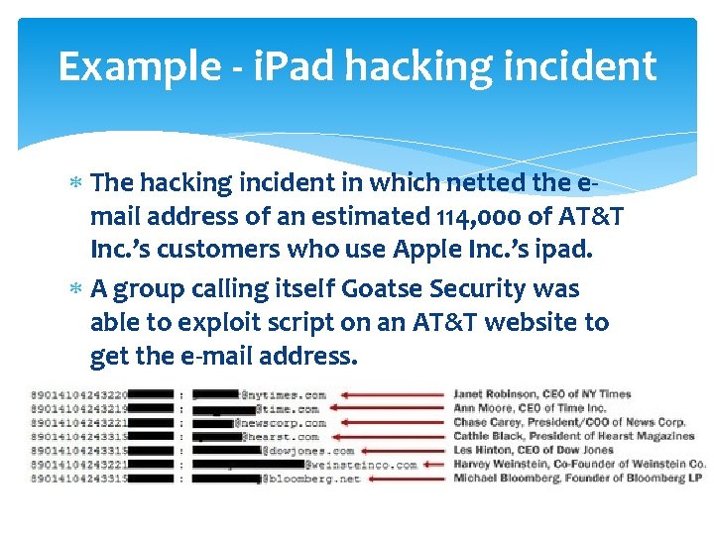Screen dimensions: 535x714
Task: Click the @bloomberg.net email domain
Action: click(310, 479)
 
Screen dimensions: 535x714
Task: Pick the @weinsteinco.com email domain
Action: click(361, 465)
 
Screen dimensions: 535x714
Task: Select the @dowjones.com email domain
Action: click(307, 451)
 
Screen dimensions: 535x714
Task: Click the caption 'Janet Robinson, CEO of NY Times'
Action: click(541, 394)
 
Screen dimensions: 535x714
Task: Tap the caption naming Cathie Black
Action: click(573, 436)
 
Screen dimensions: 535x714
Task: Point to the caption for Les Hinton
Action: click(534, 450)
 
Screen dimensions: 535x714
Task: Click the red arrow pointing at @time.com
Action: click(386, 408)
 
